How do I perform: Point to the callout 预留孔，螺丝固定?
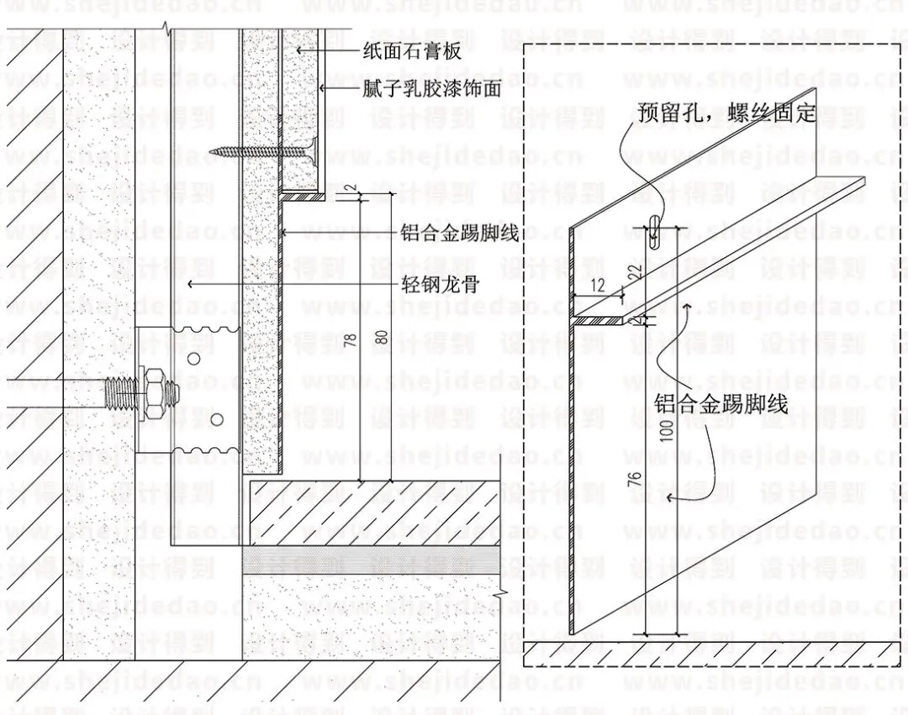click(726, 112)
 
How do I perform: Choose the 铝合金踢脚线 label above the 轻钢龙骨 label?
click(459, 234)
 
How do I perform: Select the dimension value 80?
click(383, 339)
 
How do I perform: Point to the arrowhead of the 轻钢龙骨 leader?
click(190, 284)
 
